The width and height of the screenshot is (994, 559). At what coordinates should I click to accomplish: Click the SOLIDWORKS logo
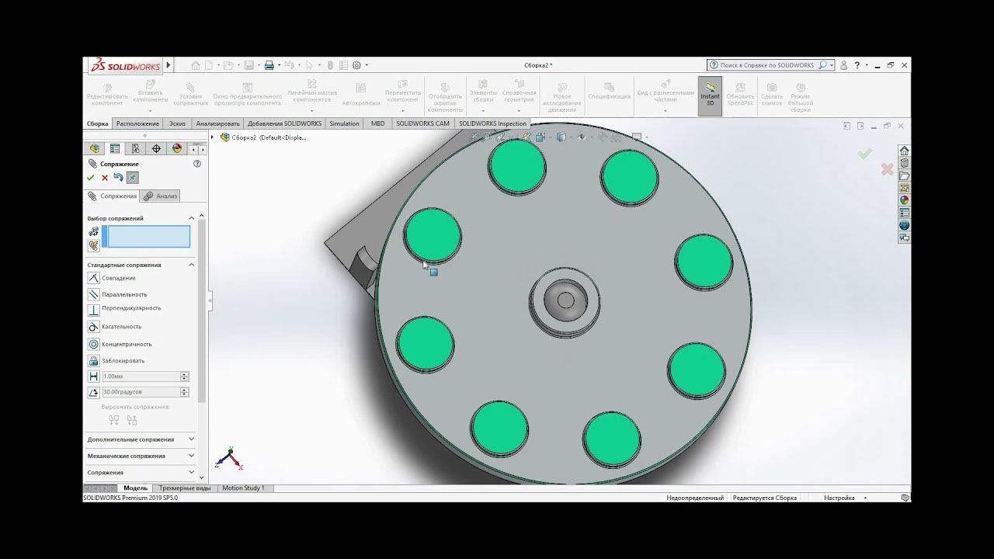[125, 66]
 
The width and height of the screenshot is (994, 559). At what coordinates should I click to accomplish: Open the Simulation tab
[344, 123]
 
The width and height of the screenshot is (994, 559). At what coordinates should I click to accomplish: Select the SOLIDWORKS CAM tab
[422, 123]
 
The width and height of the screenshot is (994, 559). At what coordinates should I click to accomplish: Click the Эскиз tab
[177, 123]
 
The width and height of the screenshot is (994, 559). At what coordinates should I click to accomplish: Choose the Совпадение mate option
[118, 278]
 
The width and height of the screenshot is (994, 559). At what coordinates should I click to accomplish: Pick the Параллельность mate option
[123, 294]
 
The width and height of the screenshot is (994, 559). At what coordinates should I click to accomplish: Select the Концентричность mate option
[126, 344]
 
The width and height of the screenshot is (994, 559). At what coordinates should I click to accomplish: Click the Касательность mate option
[121, 327]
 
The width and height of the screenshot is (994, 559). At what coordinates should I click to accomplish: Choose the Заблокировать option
[123, 361]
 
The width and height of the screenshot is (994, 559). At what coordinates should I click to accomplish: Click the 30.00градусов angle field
[141, 392]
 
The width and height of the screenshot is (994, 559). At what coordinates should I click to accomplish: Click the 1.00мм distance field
[141, 377]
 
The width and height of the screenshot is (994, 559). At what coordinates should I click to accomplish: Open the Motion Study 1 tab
[243, 488]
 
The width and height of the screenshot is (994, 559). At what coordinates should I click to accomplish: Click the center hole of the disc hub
[565, 300]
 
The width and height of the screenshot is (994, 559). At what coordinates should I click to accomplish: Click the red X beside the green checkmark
[105, 178]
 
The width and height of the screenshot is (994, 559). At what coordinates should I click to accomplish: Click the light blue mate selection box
[146, 237]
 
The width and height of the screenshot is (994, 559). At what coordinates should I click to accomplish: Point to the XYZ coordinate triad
[229, 459]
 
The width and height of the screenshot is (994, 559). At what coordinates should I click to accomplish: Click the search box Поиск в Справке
[766, 65]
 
